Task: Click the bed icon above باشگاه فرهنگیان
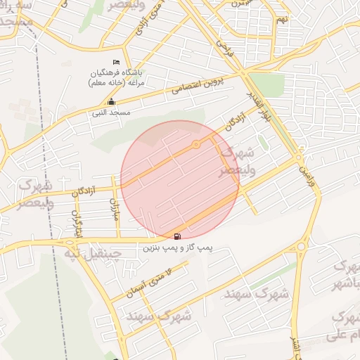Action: pos(117,63)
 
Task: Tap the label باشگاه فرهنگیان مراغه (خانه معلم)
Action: pos(117,77)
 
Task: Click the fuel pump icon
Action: pos(176,236)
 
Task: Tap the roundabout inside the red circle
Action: pos(196,145)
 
